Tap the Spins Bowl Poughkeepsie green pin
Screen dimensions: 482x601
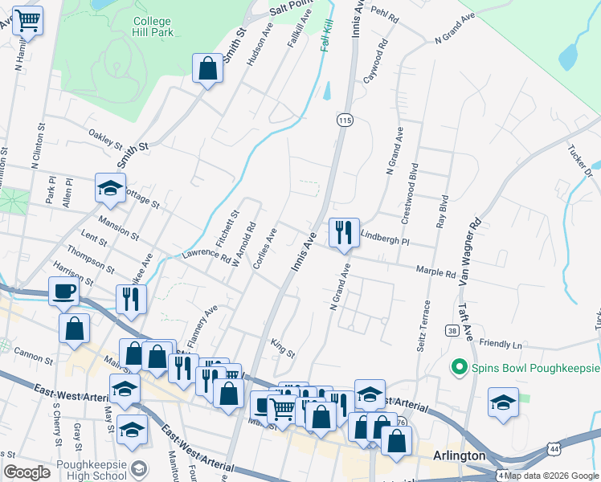tap(460, 368)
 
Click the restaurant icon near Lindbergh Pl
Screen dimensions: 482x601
tap(344, 233)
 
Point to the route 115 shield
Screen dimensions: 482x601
tap(345, 120)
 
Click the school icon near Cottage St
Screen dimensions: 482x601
tap(110, 189)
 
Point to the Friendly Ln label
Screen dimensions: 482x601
tap(501, 343)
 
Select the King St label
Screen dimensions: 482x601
tap(283, 349)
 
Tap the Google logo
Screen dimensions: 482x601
tap(27, 472)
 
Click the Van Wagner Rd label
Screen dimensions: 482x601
tap(470, 251)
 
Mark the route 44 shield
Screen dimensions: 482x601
tap(554, 447)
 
